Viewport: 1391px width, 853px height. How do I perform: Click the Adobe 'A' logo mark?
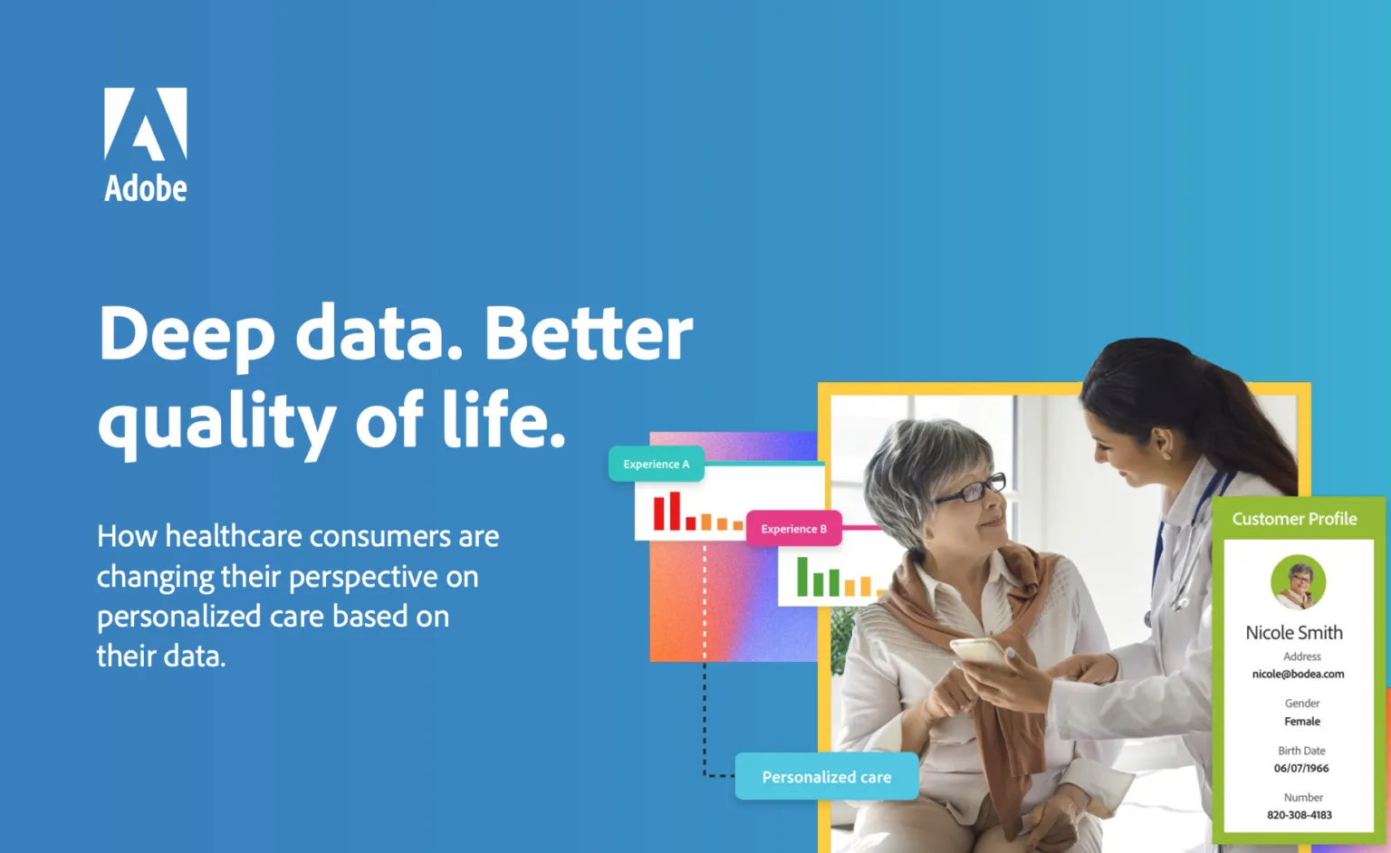pos(145,124)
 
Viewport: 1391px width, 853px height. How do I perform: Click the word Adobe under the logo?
pos(146,188)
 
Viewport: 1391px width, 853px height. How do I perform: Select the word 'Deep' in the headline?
pos(187,334)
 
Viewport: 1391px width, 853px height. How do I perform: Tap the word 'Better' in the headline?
pos(588,333)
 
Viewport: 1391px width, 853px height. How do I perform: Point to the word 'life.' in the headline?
pos(504,419)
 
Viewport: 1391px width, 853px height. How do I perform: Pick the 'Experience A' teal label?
pos(657,464)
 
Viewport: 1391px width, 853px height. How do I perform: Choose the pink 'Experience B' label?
pos(793,529)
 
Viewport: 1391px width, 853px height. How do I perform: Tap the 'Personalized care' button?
pos(826,776)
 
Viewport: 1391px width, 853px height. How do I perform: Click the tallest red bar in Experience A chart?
pos(675,511)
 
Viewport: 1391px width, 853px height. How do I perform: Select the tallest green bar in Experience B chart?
pos(802,576)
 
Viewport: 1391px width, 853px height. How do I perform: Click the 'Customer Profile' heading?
pos(1294,519)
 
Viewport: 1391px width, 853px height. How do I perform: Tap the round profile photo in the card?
pos(1298,582)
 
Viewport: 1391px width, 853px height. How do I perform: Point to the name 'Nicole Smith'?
pos(1294,633)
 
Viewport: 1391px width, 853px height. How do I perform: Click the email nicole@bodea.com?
pos(1298,674)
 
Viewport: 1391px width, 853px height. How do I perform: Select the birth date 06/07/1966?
pos(1301,768)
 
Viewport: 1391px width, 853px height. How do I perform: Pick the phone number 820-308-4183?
pos(1300,815)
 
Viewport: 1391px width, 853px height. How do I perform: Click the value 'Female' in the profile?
pos(1302,722)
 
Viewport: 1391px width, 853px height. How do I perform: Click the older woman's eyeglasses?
pos(973,490)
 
